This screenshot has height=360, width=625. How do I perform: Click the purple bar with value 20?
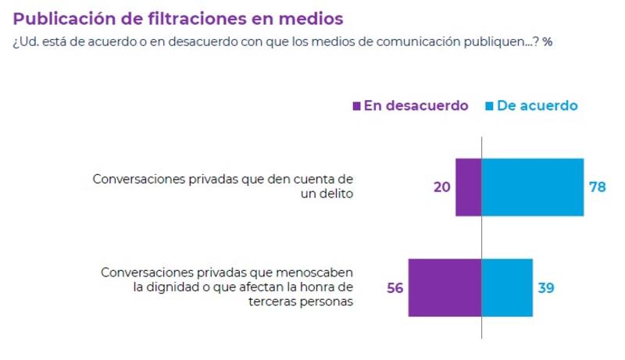click(468, 187)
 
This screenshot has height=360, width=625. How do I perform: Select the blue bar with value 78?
click(533, 187)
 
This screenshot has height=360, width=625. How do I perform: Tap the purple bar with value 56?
click(445, 287)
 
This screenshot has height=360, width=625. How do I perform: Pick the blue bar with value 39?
click(507, 287)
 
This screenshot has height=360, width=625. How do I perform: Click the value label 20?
click(442, 187)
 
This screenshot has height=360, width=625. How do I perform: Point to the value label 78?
click(598, 187)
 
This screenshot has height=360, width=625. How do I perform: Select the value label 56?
click(395, 287)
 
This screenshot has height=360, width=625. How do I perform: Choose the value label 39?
click(547, 287)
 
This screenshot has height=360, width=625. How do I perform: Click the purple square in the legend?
click(357, 106)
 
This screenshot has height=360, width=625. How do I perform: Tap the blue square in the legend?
click(490, 106)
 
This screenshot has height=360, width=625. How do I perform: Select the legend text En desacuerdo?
click(416, 106)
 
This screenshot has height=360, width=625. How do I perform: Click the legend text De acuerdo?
click(537, 106)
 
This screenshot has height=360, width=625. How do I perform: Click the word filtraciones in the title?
click(209, 17)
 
